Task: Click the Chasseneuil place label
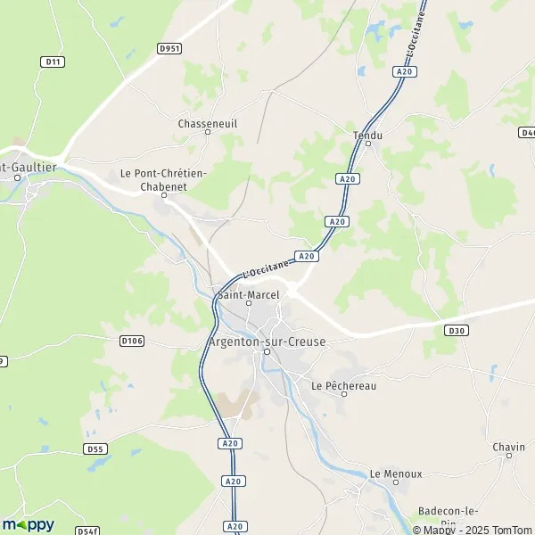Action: pyautogui.click(x=207, y=124)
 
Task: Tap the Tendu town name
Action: pyautogui.click(x=367, y=136)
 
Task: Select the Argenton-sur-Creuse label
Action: pyautogui.click(x=266, y=342)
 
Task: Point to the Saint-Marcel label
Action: pyautogui.click(x=249, y=294)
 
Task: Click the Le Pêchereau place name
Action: pyautogui.click(x=342, y=385)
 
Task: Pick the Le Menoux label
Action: pyautogui.click(x=396, y=473)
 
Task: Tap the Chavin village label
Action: pyautogui.click(x=509, y=446)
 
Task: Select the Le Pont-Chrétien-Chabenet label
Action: pyautogui.click(x=164, y=179)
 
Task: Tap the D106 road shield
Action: pyautogui.click(x=131, y=340)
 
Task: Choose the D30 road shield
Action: pyautogui.click(x=456, y=330)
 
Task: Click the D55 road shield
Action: pyautogui.click(x=94, y=448)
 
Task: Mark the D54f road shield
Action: pyautogui.click(x=86, y=531)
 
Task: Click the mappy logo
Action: pyautogui.click(x=29, y=524)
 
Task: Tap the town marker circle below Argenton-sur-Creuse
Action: pyautogui.click(x=266, y=352)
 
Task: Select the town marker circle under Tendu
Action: pyautogui.click(x=367, y=144)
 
